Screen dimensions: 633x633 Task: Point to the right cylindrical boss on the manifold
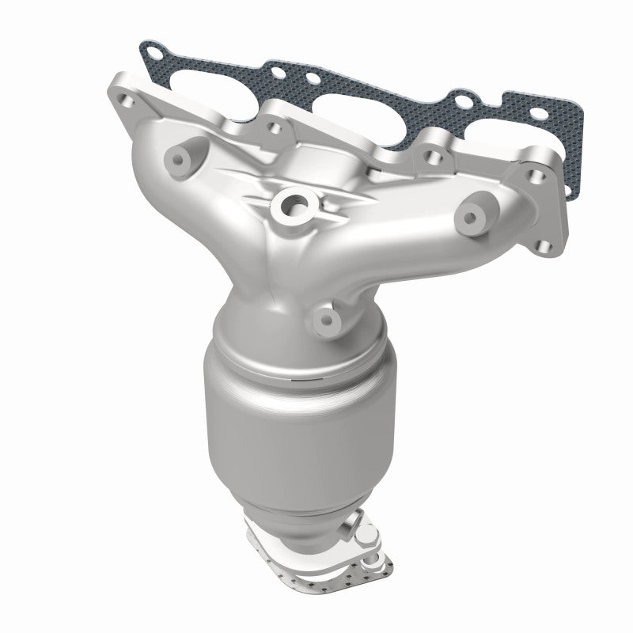point(475,214)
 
